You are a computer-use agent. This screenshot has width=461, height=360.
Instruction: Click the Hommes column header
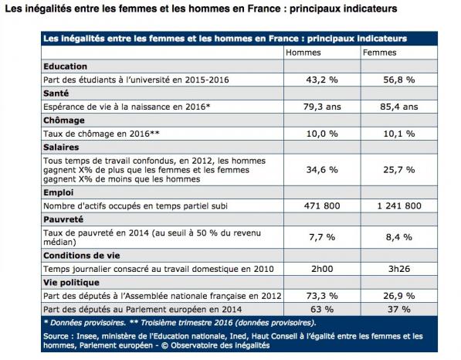303,53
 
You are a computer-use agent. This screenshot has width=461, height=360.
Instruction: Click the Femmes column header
380,53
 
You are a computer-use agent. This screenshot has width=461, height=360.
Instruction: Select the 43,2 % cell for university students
322,80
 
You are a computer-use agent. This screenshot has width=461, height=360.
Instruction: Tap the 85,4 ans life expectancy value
399,107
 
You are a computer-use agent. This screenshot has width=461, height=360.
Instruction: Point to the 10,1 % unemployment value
399,134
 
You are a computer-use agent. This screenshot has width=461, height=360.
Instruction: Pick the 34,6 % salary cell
322,170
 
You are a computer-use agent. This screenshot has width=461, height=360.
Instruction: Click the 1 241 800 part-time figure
399,206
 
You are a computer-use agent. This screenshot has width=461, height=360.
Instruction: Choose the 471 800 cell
322,206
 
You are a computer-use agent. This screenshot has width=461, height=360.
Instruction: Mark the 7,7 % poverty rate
322,237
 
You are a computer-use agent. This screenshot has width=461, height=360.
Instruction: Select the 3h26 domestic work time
399,269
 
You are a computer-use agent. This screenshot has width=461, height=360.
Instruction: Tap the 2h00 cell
322,269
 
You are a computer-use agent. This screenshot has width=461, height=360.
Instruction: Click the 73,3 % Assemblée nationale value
322,296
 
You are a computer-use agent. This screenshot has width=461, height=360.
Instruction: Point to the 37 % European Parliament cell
399,310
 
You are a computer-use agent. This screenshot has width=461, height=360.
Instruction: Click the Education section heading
66,66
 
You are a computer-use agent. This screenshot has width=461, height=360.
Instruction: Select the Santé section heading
56,93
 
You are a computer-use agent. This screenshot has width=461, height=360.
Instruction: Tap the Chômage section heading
64,121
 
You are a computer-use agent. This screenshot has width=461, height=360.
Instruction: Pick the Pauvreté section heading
63,219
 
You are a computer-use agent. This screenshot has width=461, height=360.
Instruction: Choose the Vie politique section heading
72,283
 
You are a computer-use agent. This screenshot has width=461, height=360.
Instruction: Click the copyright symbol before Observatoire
164,345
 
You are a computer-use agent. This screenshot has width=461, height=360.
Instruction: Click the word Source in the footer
56,336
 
